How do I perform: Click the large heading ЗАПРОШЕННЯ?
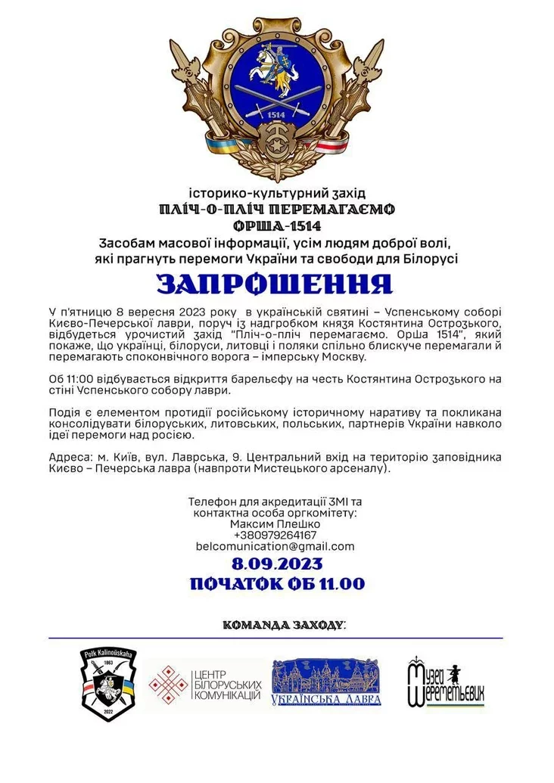(x=275, y=283)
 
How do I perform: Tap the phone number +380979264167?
(x=275, y=535)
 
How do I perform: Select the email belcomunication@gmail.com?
(x=275, y=546)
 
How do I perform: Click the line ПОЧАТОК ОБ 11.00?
(x=277, y=583)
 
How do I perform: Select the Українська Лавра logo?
(x=326, y=682)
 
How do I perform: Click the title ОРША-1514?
(x=277, y=225)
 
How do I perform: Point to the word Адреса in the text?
(x=67, y=458)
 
